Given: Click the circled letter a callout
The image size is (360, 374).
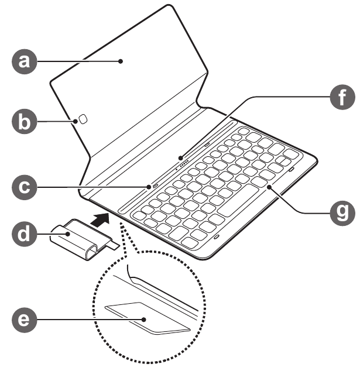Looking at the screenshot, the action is point(25,61).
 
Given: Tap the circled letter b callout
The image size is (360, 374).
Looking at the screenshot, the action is point(25,121).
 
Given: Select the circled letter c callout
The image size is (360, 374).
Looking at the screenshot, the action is point(25,187).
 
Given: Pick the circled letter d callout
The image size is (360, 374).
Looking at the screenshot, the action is point(25,234).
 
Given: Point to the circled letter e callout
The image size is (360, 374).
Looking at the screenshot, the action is point(25,320).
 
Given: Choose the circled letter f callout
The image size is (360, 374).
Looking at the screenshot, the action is point(342,97).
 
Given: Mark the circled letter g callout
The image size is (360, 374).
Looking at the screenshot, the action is point(342,213).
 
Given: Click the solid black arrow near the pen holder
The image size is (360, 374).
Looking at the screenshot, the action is point(101,219).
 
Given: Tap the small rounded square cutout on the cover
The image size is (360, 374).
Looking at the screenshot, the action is point(83,119).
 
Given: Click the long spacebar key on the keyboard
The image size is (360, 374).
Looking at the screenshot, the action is point(238,200).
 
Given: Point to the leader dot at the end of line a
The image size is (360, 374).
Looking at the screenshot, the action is point(121,61).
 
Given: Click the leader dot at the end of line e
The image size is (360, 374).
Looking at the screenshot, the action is point(143,320).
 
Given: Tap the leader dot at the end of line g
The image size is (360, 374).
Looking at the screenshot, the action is point(269,187).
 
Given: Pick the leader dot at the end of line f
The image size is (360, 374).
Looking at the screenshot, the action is point(181,158).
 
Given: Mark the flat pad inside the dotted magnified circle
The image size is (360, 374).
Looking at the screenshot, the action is point(148,318).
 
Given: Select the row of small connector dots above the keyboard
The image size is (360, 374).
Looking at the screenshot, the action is point(183,165).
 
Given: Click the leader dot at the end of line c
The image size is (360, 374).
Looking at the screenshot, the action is point(149,187).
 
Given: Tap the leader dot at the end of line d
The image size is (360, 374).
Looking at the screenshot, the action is point(68,234).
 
